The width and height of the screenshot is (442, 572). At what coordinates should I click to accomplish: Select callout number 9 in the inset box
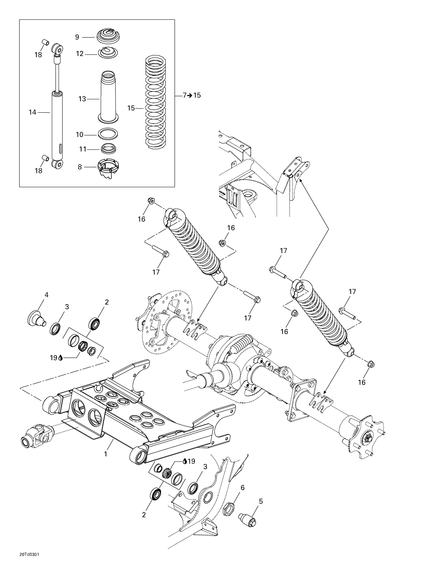77,37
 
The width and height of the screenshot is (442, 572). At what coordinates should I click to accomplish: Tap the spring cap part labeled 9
108,36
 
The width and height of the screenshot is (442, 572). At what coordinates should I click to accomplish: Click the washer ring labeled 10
108,134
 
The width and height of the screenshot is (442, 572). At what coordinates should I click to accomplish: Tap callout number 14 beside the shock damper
32,112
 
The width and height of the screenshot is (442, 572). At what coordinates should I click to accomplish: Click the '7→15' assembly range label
192,95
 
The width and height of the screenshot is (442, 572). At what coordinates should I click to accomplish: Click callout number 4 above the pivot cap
46,295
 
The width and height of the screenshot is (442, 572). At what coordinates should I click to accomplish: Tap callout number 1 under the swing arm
105,454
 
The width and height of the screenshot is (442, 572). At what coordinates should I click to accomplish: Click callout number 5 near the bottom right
260,501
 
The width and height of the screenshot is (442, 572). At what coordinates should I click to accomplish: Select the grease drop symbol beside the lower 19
185,461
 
